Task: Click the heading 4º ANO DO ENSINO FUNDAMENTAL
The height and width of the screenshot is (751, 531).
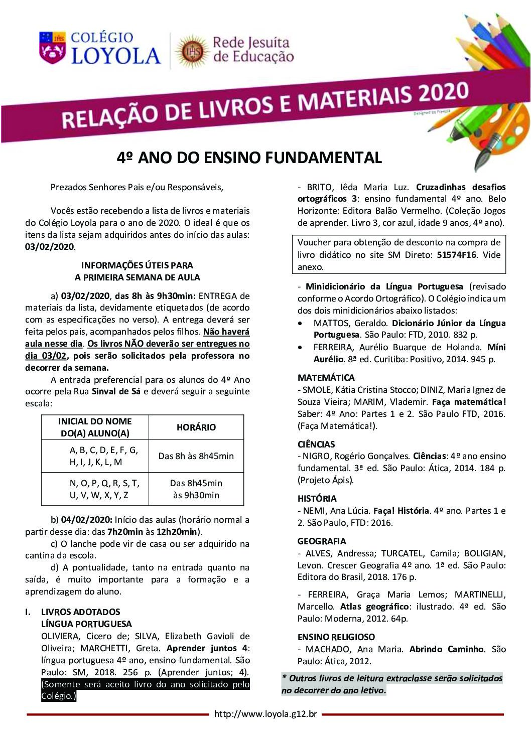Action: (249, 158)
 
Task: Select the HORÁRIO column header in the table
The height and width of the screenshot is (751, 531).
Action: (196, 427)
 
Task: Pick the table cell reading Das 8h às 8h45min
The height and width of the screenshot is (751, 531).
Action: (196, 456)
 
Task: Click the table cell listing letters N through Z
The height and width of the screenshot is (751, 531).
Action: (104, 489)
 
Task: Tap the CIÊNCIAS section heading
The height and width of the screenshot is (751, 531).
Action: (316, 444)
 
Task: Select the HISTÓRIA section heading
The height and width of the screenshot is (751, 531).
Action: (317, 499)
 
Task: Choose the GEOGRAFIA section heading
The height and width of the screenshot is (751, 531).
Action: (322, 541)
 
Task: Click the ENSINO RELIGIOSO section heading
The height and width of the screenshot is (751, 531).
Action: (336, 637)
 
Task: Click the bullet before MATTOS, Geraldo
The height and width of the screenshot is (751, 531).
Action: (301, 323)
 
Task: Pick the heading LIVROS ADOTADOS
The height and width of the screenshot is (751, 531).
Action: (81, 612)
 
